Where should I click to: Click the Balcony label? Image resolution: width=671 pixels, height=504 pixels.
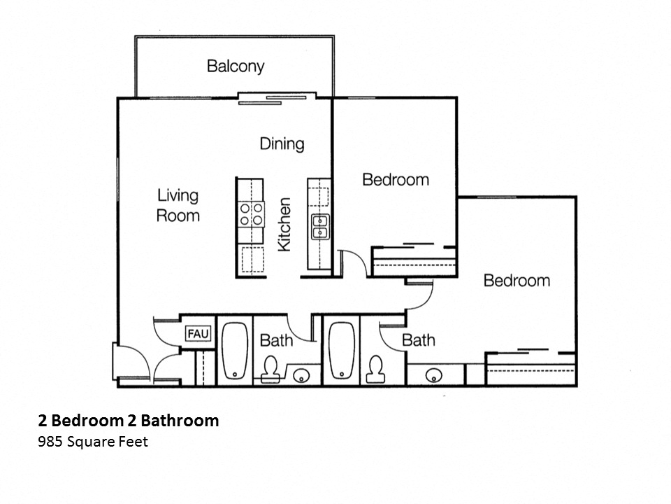(236, 66)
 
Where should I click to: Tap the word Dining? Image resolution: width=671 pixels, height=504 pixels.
(282, 143)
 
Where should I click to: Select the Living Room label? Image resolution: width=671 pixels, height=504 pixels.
(178, 205)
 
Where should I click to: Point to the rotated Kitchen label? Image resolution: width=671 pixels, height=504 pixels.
(284, 225)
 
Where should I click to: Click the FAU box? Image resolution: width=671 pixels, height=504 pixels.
(198, 334)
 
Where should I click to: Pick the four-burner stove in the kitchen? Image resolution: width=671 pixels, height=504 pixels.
(251, 213)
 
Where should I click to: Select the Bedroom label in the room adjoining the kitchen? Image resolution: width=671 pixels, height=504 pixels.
(395, 180)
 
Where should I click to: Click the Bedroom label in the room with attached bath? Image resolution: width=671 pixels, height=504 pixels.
(517, 281)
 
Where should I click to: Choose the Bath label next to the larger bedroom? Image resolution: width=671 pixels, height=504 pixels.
(418, 340)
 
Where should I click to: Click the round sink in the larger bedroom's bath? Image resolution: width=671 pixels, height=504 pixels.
(433, 376)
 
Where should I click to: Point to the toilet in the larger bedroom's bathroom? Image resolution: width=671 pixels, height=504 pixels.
(375, 367)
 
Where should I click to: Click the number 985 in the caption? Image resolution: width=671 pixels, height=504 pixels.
(50, 442)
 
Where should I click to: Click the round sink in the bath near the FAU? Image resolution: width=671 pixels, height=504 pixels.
(301, 376)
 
